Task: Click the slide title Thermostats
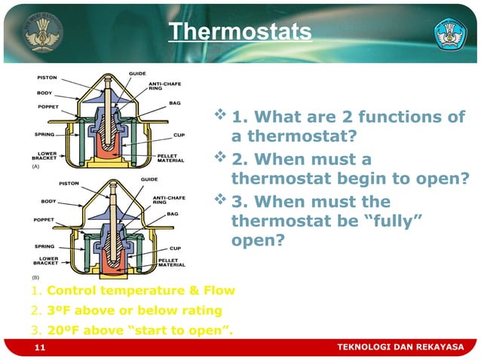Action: (239, 32)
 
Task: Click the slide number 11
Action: (41, 346)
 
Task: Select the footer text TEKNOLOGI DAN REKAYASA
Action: (400, 346)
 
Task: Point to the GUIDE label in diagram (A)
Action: (137, 73)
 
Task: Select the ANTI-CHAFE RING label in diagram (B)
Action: (166, 200)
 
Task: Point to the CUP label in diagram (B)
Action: (174, 247)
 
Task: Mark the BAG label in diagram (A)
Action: (174, 102)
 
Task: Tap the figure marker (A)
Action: (35, 168)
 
